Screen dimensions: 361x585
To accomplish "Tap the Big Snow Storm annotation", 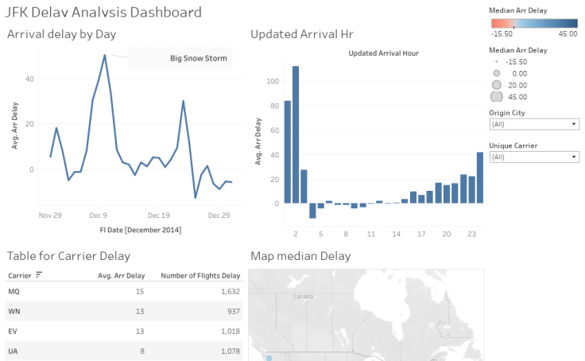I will pyautogui.click(x=198, y=58).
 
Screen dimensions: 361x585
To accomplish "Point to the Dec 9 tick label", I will pyautogui.click(x=99, y=215).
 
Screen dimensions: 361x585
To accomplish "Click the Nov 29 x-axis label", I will pyautogui.click(x=51, y=215).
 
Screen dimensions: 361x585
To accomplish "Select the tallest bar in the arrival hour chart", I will pyautogui.click(x=296, y=134).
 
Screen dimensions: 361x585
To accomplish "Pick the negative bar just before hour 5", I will pyautogui.click(x=312, y=211).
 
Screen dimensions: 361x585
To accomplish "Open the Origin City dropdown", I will pyautogui.click(x=534, y=124).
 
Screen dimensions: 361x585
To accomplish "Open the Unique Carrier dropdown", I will pyautogui.click(x=534, y=157).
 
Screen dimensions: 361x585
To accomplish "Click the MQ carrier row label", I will pyautogui.click(x=14, y=291).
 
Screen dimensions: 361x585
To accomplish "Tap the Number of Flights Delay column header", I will pyautogui.click(x=200, y=276).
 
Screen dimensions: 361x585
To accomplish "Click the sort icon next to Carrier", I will pyautogui.click(x=39, y=275).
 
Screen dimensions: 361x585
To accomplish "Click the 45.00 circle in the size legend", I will pyautogui.click(x=497, y=96).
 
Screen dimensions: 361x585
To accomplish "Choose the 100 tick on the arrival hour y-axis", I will pyautogui.click(x=272, y=81).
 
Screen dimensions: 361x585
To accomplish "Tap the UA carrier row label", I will pyautogui.click(x=13, y=351).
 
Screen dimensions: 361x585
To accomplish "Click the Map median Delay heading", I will pyautogui.click(x=300, y=256).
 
